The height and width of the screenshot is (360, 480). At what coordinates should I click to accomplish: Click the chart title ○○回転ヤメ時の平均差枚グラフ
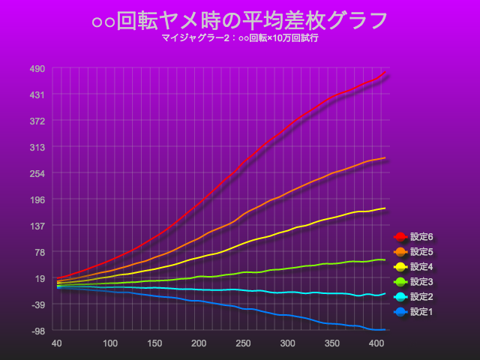tap(240, 20)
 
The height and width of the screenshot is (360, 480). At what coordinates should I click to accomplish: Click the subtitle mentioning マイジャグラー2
tap(240, 37)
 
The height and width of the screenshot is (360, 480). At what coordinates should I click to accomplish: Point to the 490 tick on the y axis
tap(37, 68)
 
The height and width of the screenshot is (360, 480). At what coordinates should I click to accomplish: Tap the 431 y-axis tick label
tap(37, 94)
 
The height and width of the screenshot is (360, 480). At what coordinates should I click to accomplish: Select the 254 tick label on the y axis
tap(37, 173)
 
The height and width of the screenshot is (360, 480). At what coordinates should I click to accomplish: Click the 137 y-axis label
tap(37, 226)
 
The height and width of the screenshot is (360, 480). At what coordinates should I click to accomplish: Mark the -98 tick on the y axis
tap(37, 331)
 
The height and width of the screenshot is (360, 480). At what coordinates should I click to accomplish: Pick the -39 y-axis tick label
tap(37, 304)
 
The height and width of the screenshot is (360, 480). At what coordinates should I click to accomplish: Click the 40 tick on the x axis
tap(56, 343)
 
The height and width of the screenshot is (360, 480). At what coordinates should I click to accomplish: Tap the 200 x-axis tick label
tap(199, 343)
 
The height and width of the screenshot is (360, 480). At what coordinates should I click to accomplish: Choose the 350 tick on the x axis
tap(332, 343)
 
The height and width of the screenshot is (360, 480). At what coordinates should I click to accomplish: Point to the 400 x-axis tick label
tap(376, 343)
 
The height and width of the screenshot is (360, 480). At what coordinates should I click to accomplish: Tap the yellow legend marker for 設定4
tap(400, 267)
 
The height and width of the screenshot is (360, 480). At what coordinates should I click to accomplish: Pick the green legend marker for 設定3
tap(400, 282)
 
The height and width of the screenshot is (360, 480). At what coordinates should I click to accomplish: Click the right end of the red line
tap(385, 73)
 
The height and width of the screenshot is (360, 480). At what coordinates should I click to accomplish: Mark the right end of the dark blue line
tap(385, 330)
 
